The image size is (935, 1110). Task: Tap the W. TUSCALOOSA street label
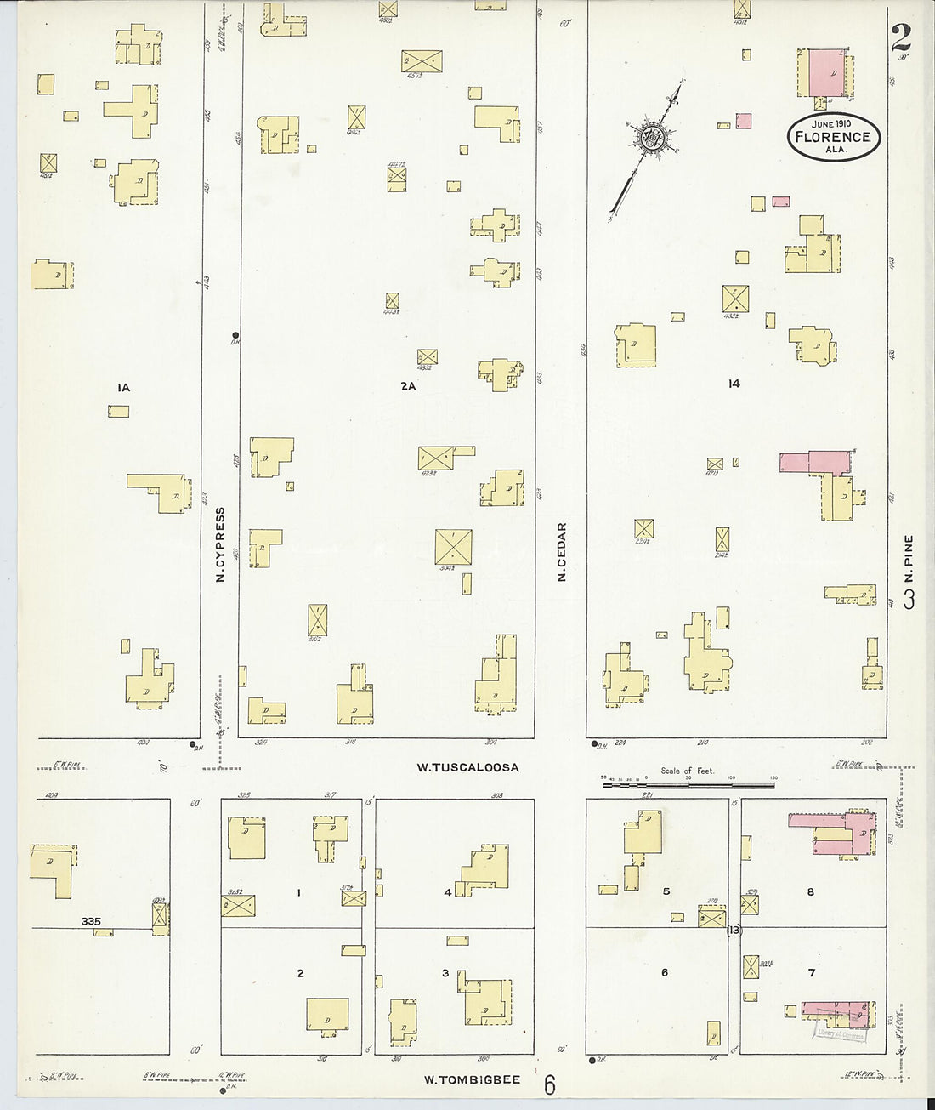click(x=467, y=767)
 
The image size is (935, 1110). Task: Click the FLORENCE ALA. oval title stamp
click(x=833, y=136)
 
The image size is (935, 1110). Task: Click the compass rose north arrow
click(x=651, y=140)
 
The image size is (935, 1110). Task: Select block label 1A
click(x=123, y=388)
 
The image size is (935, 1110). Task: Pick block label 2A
click(x=408, y=386)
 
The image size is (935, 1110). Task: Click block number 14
click(x=734, y=384)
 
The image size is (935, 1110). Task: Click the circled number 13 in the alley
click(x=734, y=930)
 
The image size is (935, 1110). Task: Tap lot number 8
click(x=811, y=891)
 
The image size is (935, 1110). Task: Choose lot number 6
click(x=665, y=973)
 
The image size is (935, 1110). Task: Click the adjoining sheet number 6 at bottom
click(x=550, y=1085)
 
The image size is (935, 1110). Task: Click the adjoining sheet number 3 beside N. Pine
click(x=909, y=599)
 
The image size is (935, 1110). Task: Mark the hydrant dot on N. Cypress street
click(x=235, y=334)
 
